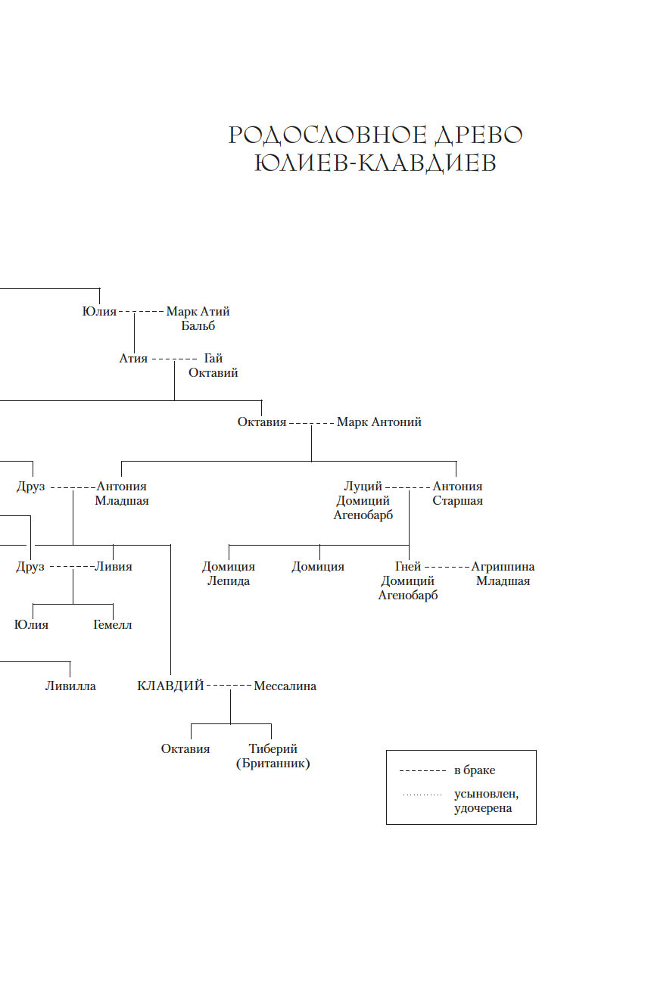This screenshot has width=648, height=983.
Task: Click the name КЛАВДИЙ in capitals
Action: (x=170, y=686)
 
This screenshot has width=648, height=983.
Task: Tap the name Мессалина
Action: (x=285, y=686)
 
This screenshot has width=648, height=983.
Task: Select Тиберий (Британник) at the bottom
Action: (x=273, y=757)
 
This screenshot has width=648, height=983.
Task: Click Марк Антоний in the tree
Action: (x=379, y=422)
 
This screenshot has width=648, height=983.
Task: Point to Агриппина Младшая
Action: (x=503, y=574)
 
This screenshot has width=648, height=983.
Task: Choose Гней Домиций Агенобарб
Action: (x=408, y=580)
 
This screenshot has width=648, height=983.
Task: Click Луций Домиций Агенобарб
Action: (x=363, y=500)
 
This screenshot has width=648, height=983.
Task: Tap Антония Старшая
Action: (x=457, y=493)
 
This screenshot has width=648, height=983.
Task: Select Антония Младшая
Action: (x=122, y=493)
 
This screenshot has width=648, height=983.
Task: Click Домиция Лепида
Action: (x=229, y=574)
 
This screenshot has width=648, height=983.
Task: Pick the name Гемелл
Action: (x=113, y=625)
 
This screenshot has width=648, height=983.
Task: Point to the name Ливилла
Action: (x=70, y=686)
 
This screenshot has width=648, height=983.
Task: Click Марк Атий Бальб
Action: (x=198, y=319)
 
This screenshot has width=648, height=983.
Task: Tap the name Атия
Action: (x=133, y=358)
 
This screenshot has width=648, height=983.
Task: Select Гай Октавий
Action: (x=213, y=366)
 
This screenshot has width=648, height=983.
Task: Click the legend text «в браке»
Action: (x=475, y=770)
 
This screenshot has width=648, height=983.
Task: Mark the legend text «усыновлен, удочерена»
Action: (x=486, y=801)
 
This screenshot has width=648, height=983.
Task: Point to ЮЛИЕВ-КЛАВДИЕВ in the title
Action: (x=375, y=163)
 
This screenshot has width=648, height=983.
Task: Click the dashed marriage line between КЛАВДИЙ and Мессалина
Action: (x=229, y=686)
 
